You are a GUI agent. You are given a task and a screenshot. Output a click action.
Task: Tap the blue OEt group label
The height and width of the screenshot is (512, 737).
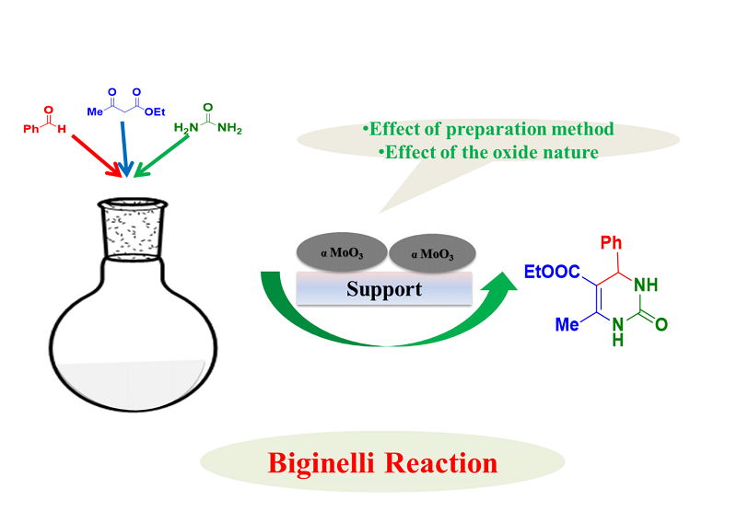154,111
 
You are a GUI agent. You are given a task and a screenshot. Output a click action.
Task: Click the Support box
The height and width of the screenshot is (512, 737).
383,289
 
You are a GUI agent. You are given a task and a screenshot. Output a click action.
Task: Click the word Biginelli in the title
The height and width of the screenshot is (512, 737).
324,462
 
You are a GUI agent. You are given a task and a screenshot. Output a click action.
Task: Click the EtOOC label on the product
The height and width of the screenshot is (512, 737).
551,271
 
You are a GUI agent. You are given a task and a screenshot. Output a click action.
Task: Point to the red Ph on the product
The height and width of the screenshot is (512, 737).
611,244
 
